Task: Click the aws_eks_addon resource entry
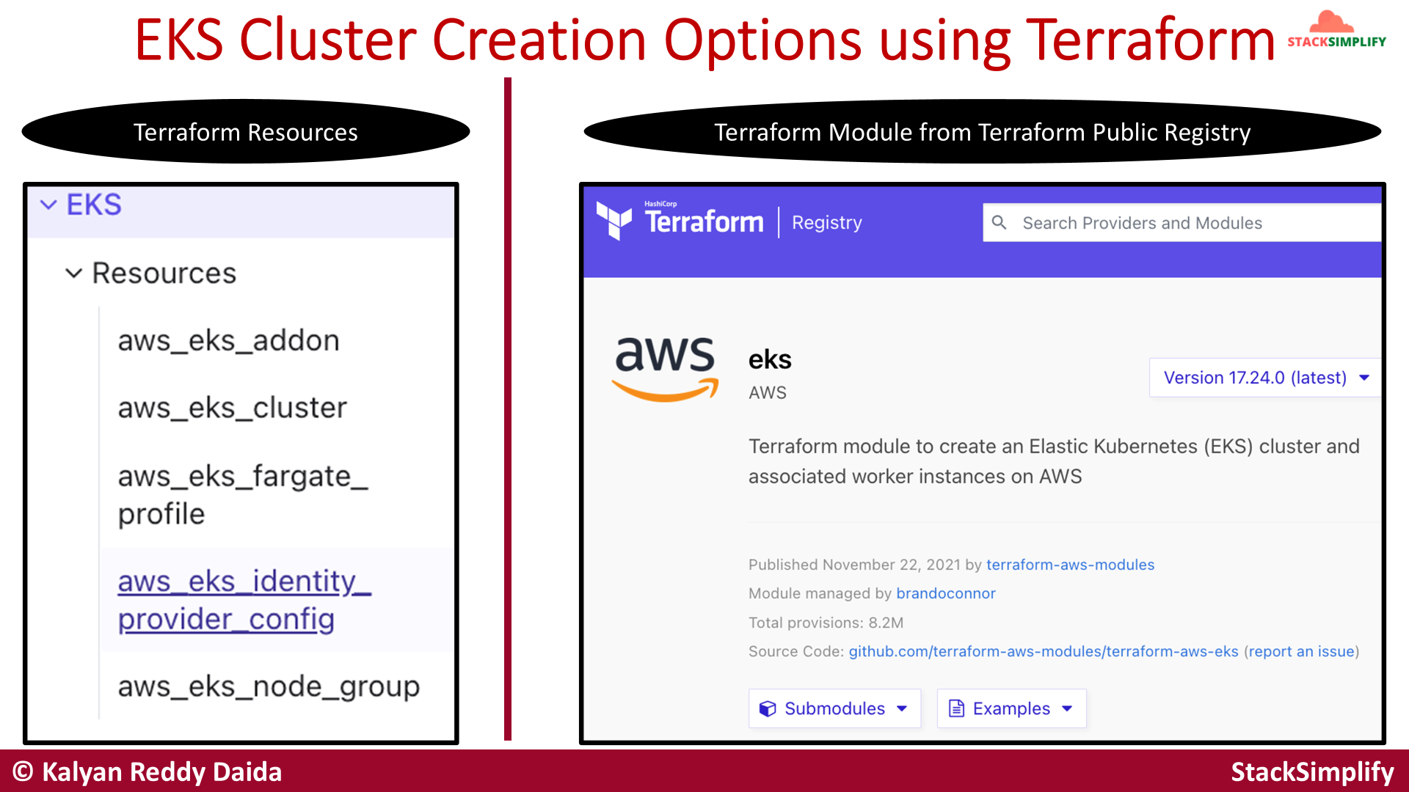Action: click(x=228, y=341)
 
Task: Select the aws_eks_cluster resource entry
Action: click(x=232, y=408)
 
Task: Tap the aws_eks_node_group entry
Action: click(x=269, y=687)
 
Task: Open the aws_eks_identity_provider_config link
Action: click(x=244, y=600)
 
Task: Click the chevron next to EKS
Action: click(x=48, y=205)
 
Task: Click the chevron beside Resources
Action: click(x=73, y=274)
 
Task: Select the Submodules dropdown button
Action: click(x=834, y=708)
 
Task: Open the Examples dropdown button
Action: click(x=1011, y=708)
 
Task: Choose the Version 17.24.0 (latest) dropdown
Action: click(x=1265, y=378)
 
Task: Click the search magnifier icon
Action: click(x=999, y=222)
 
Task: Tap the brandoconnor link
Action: click(x=946, y=593)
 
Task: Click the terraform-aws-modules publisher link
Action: click(x=1070, y=565)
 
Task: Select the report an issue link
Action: click(x=1301, y=651)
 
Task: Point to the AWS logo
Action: click(x=665, y=369)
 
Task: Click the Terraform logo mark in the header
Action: click(x=614, y=220)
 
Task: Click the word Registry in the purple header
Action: click(x=827, y=223)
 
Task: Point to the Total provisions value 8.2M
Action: click(x=886, y=623)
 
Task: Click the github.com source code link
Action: click(x=1044, y=651)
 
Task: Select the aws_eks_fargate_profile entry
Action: click(x=243, y=495)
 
